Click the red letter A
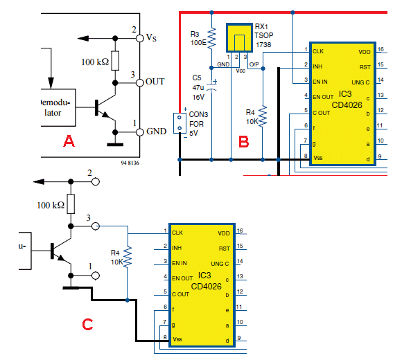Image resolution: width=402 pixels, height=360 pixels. click(x=69, y=141)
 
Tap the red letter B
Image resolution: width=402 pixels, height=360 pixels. click(x=243, y=142)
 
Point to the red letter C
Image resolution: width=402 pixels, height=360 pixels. click(x=87, y=324)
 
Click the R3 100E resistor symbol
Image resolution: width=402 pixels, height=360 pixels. click(x=211, y=38)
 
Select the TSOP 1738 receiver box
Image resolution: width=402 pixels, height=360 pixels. click(x=239, y=38)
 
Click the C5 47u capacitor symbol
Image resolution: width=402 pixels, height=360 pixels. click(x=212, y=86)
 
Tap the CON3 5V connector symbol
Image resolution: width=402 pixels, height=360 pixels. click(x=180, y=123)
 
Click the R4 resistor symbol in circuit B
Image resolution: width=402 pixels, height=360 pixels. click(x=263, y=116)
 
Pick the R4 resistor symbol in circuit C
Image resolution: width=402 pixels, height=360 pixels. click(x=128, y=257)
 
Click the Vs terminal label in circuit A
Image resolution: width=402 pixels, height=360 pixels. click(x=151, y=38)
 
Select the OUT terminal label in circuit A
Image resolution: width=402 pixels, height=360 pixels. click(x=155, y=82)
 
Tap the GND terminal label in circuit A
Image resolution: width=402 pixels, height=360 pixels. click(x=157, y=132)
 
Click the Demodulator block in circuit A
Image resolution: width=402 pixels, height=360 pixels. click(x=58, y=107)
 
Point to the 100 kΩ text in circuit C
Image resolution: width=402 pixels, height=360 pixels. click(x=51, y=205)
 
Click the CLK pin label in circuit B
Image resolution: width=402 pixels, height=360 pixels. click(x=318, y=51)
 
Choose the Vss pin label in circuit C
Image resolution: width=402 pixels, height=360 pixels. click(x=177, y=339)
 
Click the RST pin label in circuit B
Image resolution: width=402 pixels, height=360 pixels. click(x=365, y=67)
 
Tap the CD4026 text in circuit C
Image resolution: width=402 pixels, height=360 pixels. click(x=207, y=286)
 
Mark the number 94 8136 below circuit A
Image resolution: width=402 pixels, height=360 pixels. click(x=130, y=163)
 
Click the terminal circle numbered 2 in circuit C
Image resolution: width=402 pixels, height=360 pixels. click(x=96, y=182)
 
